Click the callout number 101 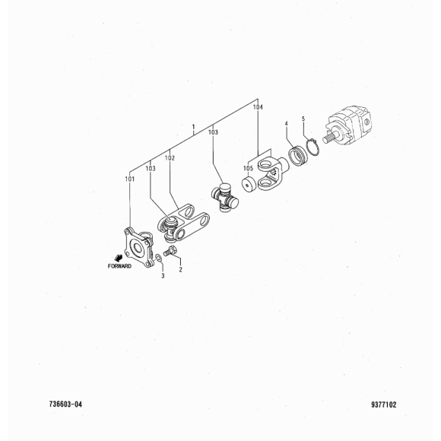point(130,179)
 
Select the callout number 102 point(170,158)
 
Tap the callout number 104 point(258,107)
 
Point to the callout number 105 point(248,168)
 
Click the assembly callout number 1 point(193,127)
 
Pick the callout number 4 point(287,124)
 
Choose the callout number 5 point(303,119)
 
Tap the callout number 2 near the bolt point(180,269)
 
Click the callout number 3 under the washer point(163,276)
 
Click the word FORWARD point(119,266)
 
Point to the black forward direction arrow point(118,258)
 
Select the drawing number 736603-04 point(65,405)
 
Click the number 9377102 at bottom point(384,405)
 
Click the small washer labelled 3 point(158,258)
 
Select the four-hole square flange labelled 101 point(138,248)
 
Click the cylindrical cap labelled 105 point(249,185)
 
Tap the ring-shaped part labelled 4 point(298,156)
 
